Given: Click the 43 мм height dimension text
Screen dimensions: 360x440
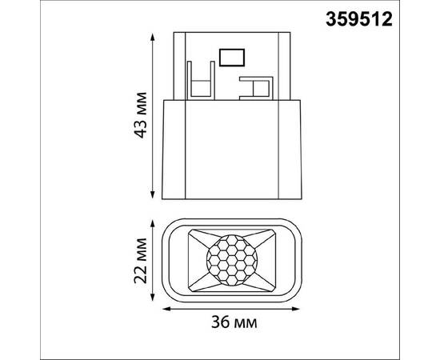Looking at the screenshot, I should coord(139,117).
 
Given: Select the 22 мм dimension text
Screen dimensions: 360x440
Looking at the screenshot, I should coord(141,258).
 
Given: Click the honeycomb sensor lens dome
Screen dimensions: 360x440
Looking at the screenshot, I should coord(231,258).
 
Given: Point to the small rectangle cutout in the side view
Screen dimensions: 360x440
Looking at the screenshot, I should coord(232,56).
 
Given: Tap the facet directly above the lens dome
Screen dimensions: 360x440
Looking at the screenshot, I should coord(231,230).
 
